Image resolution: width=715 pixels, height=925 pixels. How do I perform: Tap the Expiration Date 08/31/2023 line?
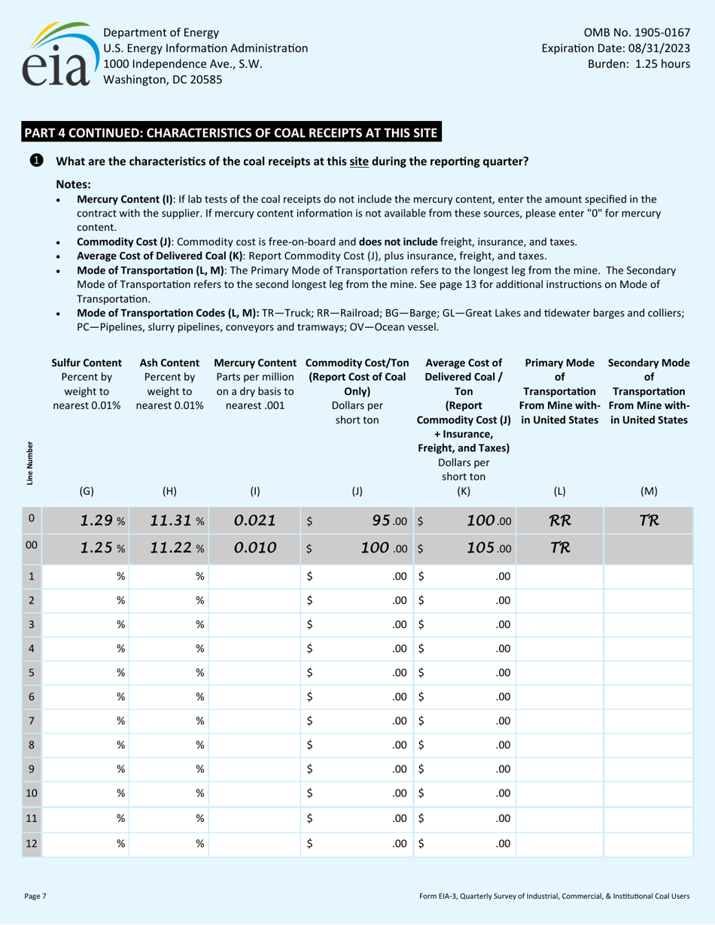(x=616, y=48)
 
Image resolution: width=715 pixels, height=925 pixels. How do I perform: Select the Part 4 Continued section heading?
(x=231, y=133)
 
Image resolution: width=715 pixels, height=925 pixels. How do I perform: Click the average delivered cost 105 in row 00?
(x=476, y=552)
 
